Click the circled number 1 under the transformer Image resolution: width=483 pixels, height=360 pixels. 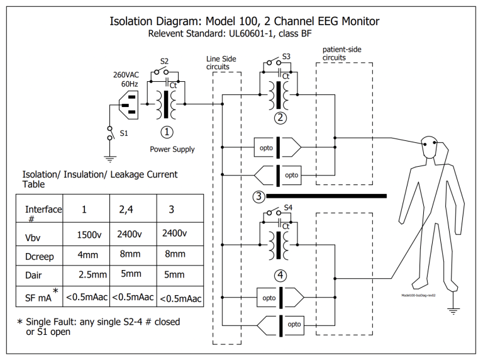point(167,132)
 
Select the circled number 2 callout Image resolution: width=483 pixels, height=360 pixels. point(280,117)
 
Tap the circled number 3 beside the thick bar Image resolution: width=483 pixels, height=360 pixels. point(258,196)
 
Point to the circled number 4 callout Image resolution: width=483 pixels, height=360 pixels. point(280,274)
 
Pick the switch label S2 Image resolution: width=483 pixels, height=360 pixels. point(164,61)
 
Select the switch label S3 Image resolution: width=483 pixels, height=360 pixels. point(286,56)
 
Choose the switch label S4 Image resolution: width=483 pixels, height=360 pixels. point(288,207)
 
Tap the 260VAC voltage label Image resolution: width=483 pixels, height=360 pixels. point(126,74)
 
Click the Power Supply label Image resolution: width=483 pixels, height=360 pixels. point(172,149)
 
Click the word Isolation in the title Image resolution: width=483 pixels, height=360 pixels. point(133,21)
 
